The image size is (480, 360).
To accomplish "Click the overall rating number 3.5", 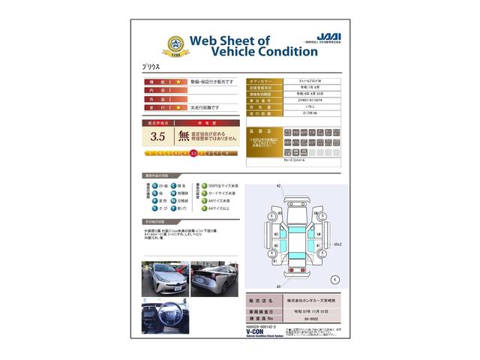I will [157, 136].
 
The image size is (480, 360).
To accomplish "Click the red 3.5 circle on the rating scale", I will [194, 153].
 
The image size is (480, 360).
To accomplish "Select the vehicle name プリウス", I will [153, 67].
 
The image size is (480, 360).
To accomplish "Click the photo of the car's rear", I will [214, 279].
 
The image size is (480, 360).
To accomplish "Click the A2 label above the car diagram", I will [278, 185].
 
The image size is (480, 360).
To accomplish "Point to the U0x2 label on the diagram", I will [337, 244].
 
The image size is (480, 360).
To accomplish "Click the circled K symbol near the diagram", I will [334, 279].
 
